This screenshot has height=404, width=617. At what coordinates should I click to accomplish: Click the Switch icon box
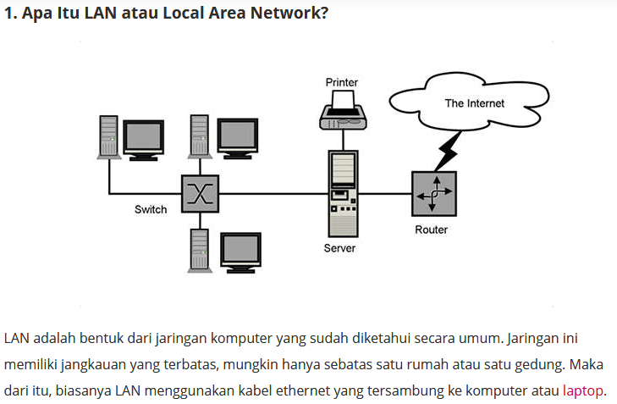point(200,194)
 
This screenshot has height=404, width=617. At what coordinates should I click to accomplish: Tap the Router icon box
point(434,194)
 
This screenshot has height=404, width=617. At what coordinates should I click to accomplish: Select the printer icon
point(343,110)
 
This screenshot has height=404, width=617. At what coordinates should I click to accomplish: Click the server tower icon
point(343,194)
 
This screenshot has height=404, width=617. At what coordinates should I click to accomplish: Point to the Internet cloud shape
point(469,102)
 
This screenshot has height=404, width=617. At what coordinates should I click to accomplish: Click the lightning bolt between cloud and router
point(448,152)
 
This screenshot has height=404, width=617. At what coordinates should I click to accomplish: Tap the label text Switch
point(151,209)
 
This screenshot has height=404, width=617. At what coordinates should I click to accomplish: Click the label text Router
point(432,230)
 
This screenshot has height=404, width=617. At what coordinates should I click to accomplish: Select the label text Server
point(339,248)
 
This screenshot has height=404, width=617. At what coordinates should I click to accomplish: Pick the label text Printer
point(342,82)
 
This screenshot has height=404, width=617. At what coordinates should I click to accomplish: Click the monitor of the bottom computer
point(241,252)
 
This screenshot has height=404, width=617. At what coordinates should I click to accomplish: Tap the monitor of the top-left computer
point(144,141)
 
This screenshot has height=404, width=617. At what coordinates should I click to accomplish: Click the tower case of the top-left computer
point(108,137)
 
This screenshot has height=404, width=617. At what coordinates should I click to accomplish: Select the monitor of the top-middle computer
point(238,138)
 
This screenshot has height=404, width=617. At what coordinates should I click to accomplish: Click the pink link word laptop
point(583,391)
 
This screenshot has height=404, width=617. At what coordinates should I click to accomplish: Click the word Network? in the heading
point(289,13)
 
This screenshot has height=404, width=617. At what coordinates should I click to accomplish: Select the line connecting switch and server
point(273,194)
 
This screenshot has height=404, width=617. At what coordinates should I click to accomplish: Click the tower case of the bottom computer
point(200,251)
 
